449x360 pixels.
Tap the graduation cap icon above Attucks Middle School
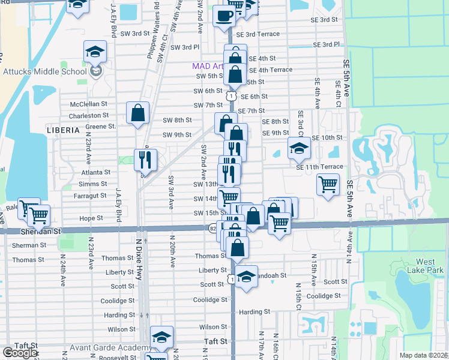[x=95, y=53]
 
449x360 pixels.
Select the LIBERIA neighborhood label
[x=63, y=130]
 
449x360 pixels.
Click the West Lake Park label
[x=426, y=266]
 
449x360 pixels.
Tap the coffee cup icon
[x=224, y=16]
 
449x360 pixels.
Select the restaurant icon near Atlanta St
[x=145, y=160]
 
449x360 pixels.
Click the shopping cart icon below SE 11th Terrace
[x=327, y=185]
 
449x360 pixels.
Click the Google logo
[x=20, y=353]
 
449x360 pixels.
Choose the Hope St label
[x=92, y=218]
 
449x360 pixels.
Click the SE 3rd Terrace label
[x=258, y=34]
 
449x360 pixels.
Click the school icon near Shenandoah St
[x=246, y=277]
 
